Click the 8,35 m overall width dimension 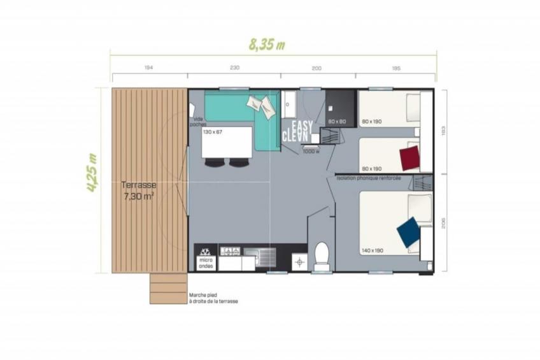[x=266, y=45]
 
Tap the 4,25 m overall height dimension [x=93, y=173]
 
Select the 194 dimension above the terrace [x=148, y=68]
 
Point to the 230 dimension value [x=234, y=68]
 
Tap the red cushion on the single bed [x=409, y=156]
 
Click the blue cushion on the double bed [x=408, y=232]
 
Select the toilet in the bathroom [x=322, y=257]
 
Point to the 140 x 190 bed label [x=372, y=250]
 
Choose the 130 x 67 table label [x=213, y=132]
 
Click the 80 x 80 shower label [x=337, y=121]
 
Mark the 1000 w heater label [x=311, y=151]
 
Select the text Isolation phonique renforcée [x=369, y=178]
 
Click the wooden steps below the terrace [x=169, y=288]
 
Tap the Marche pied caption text [x=213, y=298]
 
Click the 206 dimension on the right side [x=443, y=222]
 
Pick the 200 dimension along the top [x=317, y=68]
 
